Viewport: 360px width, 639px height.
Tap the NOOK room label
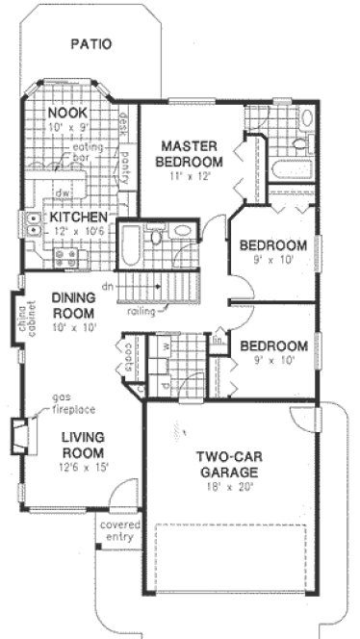click(67, 114)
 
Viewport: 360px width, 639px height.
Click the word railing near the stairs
click(141, 311)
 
